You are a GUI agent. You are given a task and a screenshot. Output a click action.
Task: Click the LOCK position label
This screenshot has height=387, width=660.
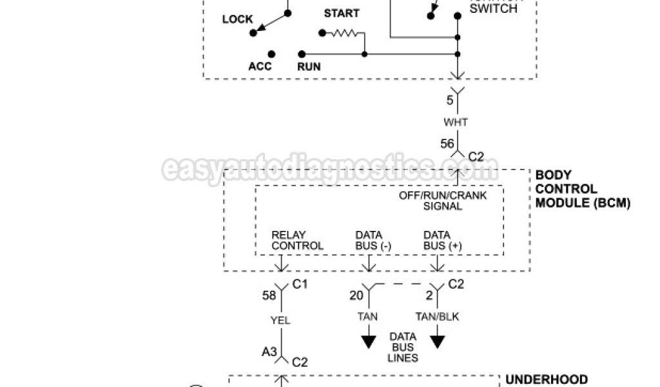click(238, 19)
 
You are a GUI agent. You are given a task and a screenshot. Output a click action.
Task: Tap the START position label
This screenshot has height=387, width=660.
click(342, 14)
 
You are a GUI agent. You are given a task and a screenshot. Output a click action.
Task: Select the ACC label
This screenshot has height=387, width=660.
click(260, 66)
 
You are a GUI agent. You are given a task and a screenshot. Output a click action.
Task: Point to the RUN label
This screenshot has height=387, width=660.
click(309, 66)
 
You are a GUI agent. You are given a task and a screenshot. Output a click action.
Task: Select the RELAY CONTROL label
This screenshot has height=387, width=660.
click(297, 241)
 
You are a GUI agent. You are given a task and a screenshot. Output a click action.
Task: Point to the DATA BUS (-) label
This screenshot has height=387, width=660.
click(373, 241)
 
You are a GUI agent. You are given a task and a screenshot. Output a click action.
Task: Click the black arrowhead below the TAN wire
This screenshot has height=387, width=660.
click(369, 341)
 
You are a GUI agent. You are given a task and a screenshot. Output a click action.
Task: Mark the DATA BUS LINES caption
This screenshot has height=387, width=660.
click(403, 348)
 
